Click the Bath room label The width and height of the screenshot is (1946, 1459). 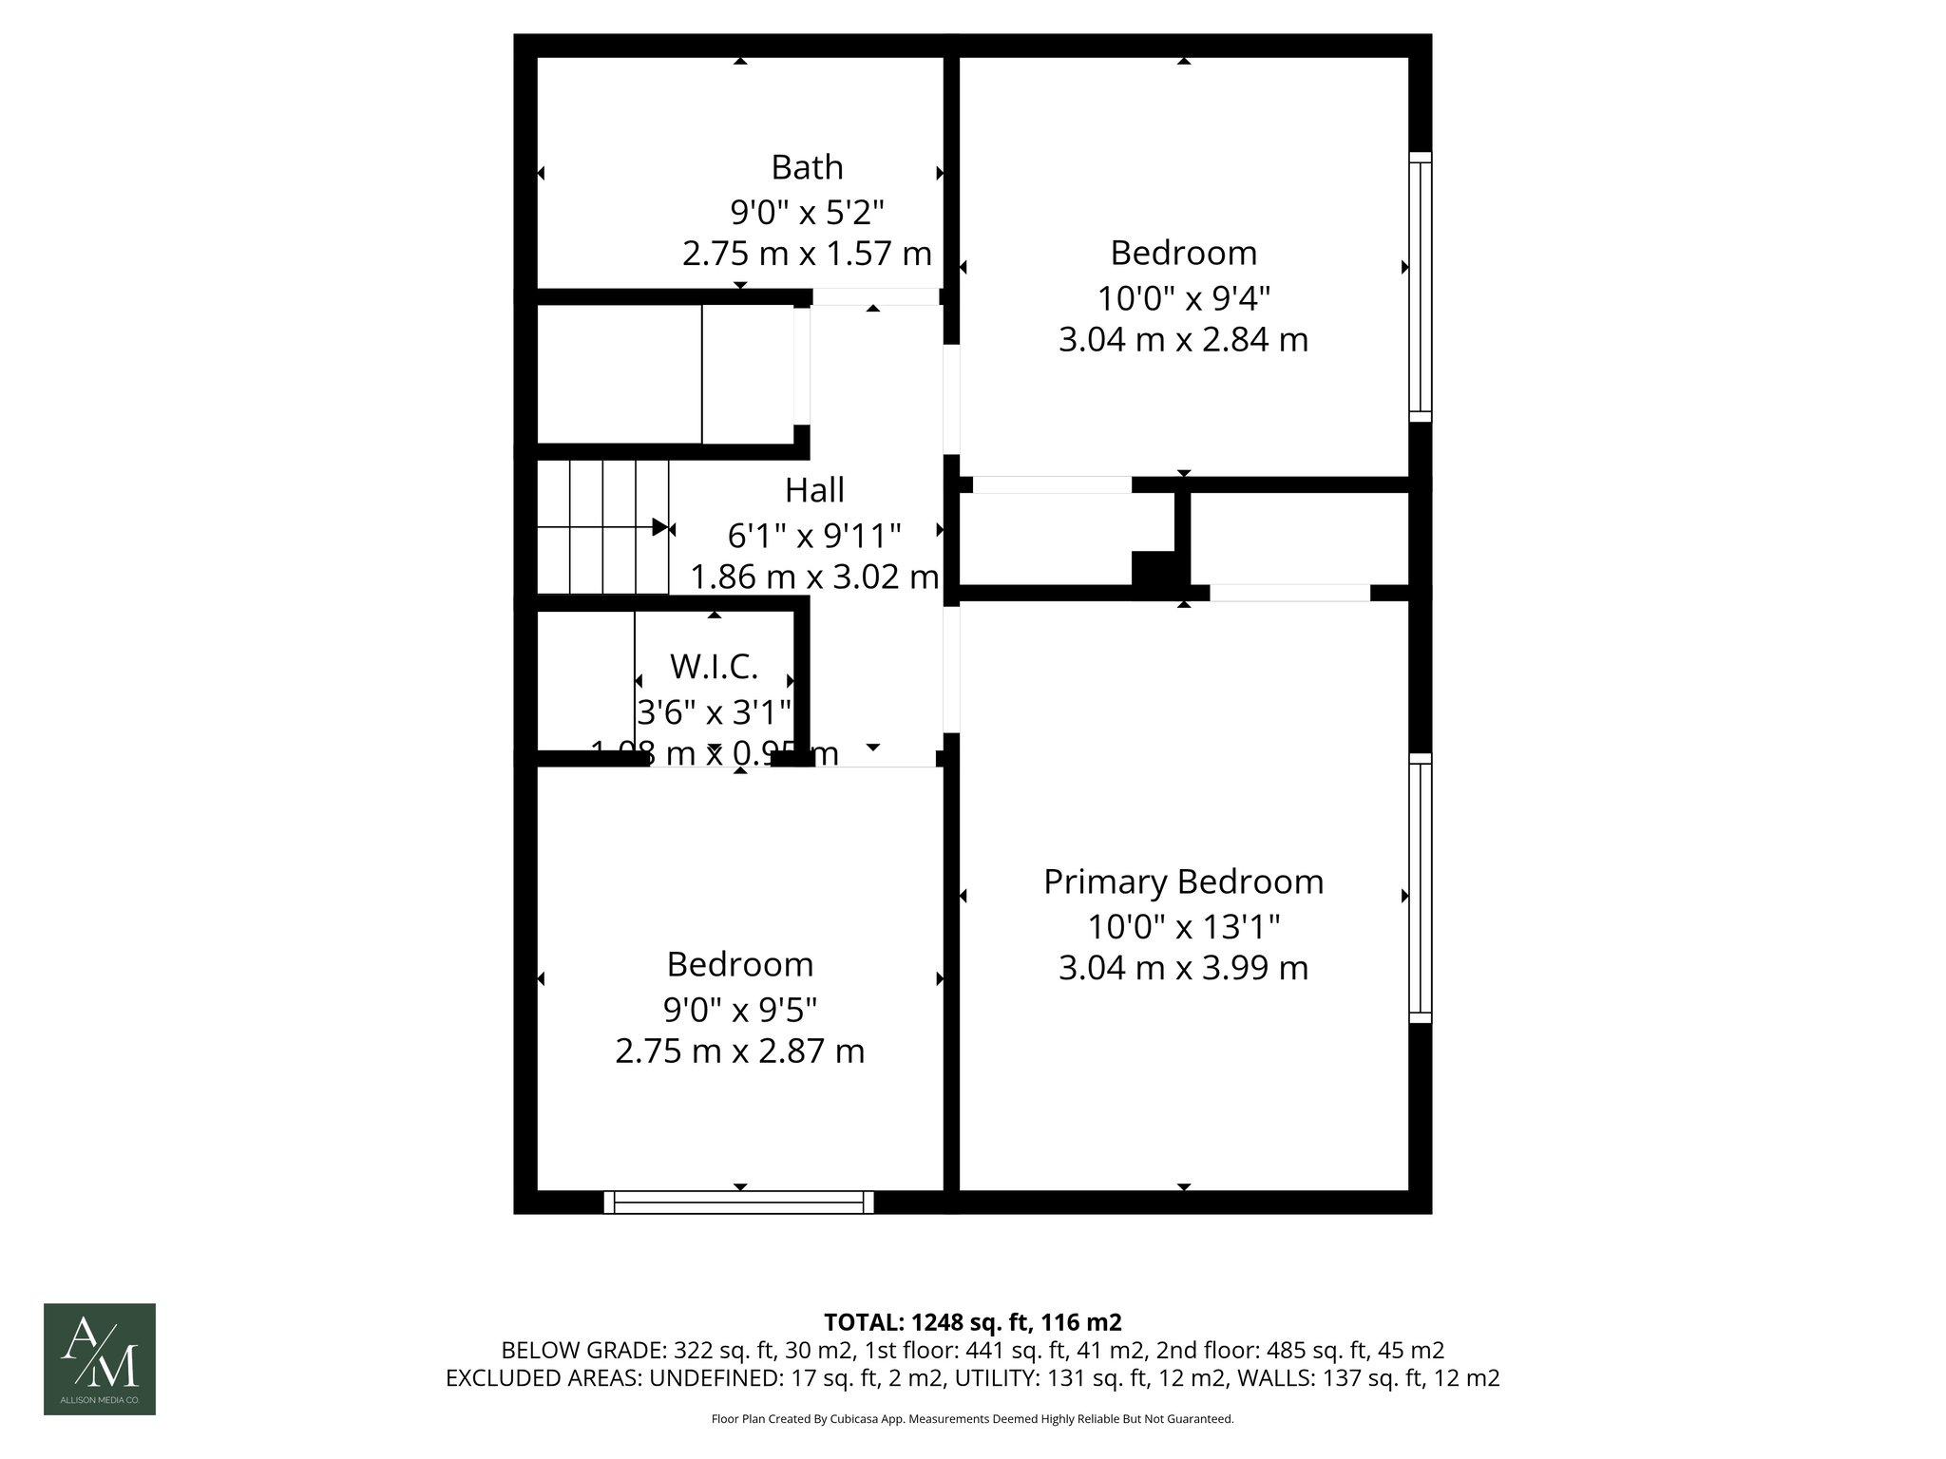pyautogui.click(x=807, y=167)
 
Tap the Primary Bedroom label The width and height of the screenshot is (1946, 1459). pyautogui.click(x=1183, y=881)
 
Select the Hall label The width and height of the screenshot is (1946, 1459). pyautogui.click(x=814, y=490)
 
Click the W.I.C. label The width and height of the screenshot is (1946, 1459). pyautogui.click(x=714, y=667)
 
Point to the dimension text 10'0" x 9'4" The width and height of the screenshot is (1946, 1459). pyautogui.click(x=1183, y=298)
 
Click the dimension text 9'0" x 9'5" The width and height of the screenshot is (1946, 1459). pyautogui.click(x=740, y=1009)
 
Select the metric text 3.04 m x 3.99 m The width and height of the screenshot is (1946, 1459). pyautogui.click(x=1183, y=968)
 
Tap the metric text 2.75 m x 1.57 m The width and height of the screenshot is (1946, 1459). pyautogui.click(x=807, y=254)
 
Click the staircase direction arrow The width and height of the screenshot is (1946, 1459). pyautogui.click(x=659, y=527)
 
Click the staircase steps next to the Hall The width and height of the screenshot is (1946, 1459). pyautogui.click(x=602, y=527)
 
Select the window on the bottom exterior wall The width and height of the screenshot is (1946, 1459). pyautogui.click(x=739, y=1203)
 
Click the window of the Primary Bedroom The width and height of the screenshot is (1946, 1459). pyautogui.click(x=1420, y=888)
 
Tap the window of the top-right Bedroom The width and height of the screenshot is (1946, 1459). pyautogui.click(x=1420, y=286)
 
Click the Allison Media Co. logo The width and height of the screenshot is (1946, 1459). pyautogui.click(x=100, y=1358)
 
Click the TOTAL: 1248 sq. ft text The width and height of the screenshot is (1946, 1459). pyautogui.click(x=971, y=1322)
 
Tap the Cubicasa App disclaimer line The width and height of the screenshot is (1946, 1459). pyautogui.click(x=972, y=1419)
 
